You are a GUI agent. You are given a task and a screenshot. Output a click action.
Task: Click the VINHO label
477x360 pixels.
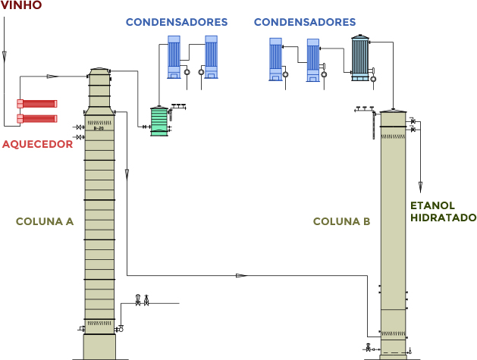[21, 6]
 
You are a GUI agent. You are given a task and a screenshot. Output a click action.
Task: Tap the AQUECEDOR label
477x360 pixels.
[37, 144]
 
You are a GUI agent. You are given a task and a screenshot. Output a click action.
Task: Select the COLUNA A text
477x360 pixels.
[45, 222]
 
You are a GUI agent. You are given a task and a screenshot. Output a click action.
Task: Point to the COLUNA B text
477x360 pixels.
[341, 222]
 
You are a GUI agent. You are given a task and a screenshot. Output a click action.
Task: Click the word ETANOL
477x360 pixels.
[433, 205]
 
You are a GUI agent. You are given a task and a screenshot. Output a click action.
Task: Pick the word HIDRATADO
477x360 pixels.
[443, 218]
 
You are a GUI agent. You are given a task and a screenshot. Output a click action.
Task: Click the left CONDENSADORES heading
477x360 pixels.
[176, 22]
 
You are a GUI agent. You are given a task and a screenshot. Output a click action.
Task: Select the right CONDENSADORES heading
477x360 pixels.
[304, 22]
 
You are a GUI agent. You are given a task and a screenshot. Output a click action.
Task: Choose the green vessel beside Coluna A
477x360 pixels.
[158, 121]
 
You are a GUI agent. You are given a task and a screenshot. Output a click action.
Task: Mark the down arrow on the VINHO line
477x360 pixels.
[5, 55]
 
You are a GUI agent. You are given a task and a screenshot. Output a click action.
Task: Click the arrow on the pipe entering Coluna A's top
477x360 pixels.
[52, 76]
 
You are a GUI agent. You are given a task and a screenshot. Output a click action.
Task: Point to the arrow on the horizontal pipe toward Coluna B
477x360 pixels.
[242, 275]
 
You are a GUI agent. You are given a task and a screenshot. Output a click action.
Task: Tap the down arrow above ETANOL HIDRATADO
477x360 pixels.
[421, 183]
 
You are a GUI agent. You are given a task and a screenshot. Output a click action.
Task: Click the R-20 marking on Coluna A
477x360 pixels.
[99, 129]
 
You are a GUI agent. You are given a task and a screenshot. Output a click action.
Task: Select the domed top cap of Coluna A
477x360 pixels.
[99, 72]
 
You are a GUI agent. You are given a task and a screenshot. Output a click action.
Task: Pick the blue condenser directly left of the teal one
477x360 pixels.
[312, 60]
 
